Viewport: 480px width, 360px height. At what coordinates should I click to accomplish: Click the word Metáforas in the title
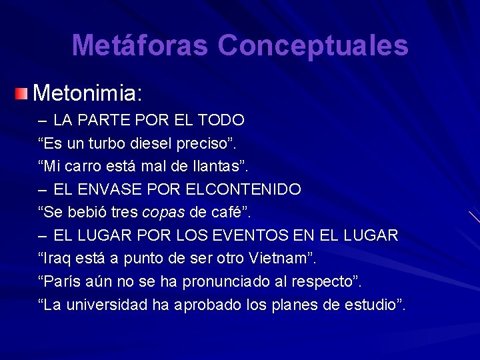(x=140, y=46)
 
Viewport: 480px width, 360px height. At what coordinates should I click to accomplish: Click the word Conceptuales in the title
(x=313, y=46)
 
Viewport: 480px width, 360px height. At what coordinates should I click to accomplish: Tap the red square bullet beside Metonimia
(x=23, y=93)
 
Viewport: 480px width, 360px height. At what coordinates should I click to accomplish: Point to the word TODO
(x=221, y=121)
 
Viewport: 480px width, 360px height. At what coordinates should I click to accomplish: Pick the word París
(x=63, y=281)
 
